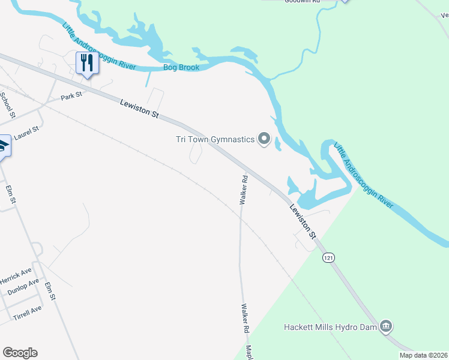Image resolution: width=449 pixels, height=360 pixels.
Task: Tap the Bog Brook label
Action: pyautogui.click(x=181, y=67)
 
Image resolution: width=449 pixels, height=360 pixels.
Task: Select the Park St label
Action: pyautogui.click(x=71, y=96)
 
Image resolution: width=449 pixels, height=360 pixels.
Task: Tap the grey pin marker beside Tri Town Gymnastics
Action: pyautogui.click(x=264, y=140)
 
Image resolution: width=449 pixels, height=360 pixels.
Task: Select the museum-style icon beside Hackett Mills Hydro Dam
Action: pyautogui.click(x=387, y=326)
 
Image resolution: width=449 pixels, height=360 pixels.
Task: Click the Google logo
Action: pyautogui.click(x=20, y=353)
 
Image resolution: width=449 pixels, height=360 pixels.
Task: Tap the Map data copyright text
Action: pyautogui.click(x=423, y=355)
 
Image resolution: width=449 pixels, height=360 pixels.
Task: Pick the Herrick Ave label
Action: pyautogui.click(x=15, y=276)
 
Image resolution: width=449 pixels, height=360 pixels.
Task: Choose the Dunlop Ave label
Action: pyautogui.click(x=23, y=287)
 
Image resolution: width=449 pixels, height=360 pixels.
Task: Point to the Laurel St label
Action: pyautogui.click(x=26, y=133)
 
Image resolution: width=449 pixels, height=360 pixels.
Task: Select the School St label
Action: pyautogui.click(x=8, y=103)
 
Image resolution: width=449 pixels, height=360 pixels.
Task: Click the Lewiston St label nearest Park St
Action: pyautogui.click(x=139, y=109)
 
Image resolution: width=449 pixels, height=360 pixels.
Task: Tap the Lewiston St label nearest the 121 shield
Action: pyautogui.click(x=303, y=220)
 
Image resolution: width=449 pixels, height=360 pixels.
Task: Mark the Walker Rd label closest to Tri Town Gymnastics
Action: pyautogui.click(x=244, y=190)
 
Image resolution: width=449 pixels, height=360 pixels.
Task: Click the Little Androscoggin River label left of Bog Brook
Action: pyautogui.click(x=99, y=47)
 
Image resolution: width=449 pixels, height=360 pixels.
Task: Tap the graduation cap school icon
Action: pyautogui.click(x=3, y=146)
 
